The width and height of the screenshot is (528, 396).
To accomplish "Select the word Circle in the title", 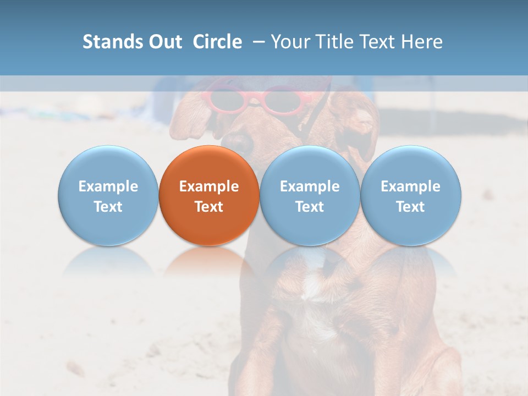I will click(x=217, y=42).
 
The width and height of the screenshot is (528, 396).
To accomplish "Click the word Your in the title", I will click(x=289, y=42).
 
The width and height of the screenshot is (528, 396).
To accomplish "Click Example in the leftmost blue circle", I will click(x=108, y=186).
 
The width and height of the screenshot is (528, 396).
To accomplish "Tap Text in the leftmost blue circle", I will click(x=108, y=207).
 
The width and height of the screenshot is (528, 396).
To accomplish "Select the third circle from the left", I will click(x=310, y=195).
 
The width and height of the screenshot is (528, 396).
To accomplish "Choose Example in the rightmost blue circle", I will click(x=411, y=186).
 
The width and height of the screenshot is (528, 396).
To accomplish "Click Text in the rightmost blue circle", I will click(x=411, y=207).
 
